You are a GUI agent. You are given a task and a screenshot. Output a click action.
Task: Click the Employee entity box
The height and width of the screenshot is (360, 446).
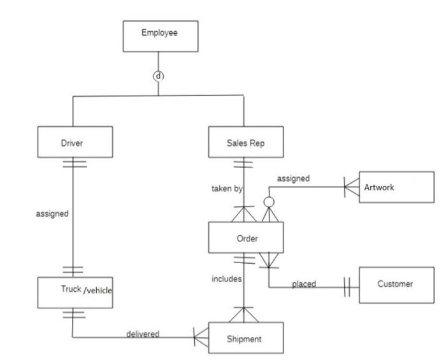point(161,36)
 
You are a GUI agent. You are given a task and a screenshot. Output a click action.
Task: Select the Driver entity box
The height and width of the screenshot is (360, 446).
point(75,142)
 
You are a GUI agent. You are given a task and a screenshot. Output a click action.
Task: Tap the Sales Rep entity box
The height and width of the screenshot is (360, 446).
point(246,142)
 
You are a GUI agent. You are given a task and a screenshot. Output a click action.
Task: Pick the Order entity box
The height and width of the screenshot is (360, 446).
point(246,238)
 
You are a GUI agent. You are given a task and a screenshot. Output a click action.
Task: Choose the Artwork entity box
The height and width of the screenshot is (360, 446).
point(396,187)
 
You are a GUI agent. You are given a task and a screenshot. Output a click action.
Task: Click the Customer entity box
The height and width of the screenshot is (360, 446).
point(396,285)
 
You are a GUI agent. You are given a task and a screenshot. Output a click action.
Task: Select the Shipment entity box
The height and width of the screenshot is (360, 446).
point(246,338)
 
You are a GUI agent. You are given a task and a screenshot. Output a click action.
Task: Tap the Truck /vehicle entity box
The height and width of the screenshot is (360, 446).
point(75,292)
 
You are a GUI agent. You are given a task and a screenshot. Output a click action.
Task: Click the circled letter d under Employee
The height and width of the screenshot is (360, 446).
point(159,76)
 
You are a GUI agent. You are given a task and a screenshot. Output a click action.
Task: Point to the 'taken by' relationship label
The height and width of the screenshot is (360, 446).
point(227,189)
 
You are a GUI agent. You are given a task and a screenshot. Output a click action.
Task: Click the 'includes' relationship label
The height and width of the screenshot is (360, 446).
point(227,279)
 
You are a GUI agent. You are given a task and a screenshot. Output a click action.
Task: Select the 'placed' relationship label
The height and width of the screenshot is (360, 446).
point(304,284)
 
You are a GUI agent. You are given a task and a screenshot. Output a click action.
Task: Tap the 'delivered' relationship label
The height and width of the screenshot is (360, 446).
point(143,334)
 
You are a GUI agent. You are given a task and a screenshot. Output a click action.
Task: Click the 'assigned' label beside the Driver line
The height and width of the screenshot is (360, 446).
point(52,213)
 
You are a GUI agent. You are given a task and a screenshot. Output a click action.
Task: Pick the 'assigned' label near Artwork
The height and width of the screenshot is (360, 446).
point(293,178)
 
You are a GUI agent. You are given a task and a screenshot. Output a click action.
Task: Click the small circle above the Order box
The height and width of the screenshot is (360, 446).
point(269,202)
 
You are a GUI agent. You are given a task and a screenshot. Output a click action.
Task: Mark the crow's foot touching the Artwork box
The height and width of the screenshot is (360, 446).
point(352,187)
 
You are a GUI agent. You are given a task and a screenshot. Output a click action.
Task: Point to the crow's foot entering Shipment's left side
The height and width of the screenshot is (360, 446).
point(201,337)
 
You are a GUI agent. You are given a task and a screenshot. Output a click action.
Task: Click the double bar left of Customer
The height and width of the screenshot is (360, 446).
point(347,287)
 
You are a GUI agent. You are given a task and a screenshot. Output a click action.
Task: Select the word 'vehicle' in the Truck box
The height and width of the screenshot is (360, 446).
point(97,291)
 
